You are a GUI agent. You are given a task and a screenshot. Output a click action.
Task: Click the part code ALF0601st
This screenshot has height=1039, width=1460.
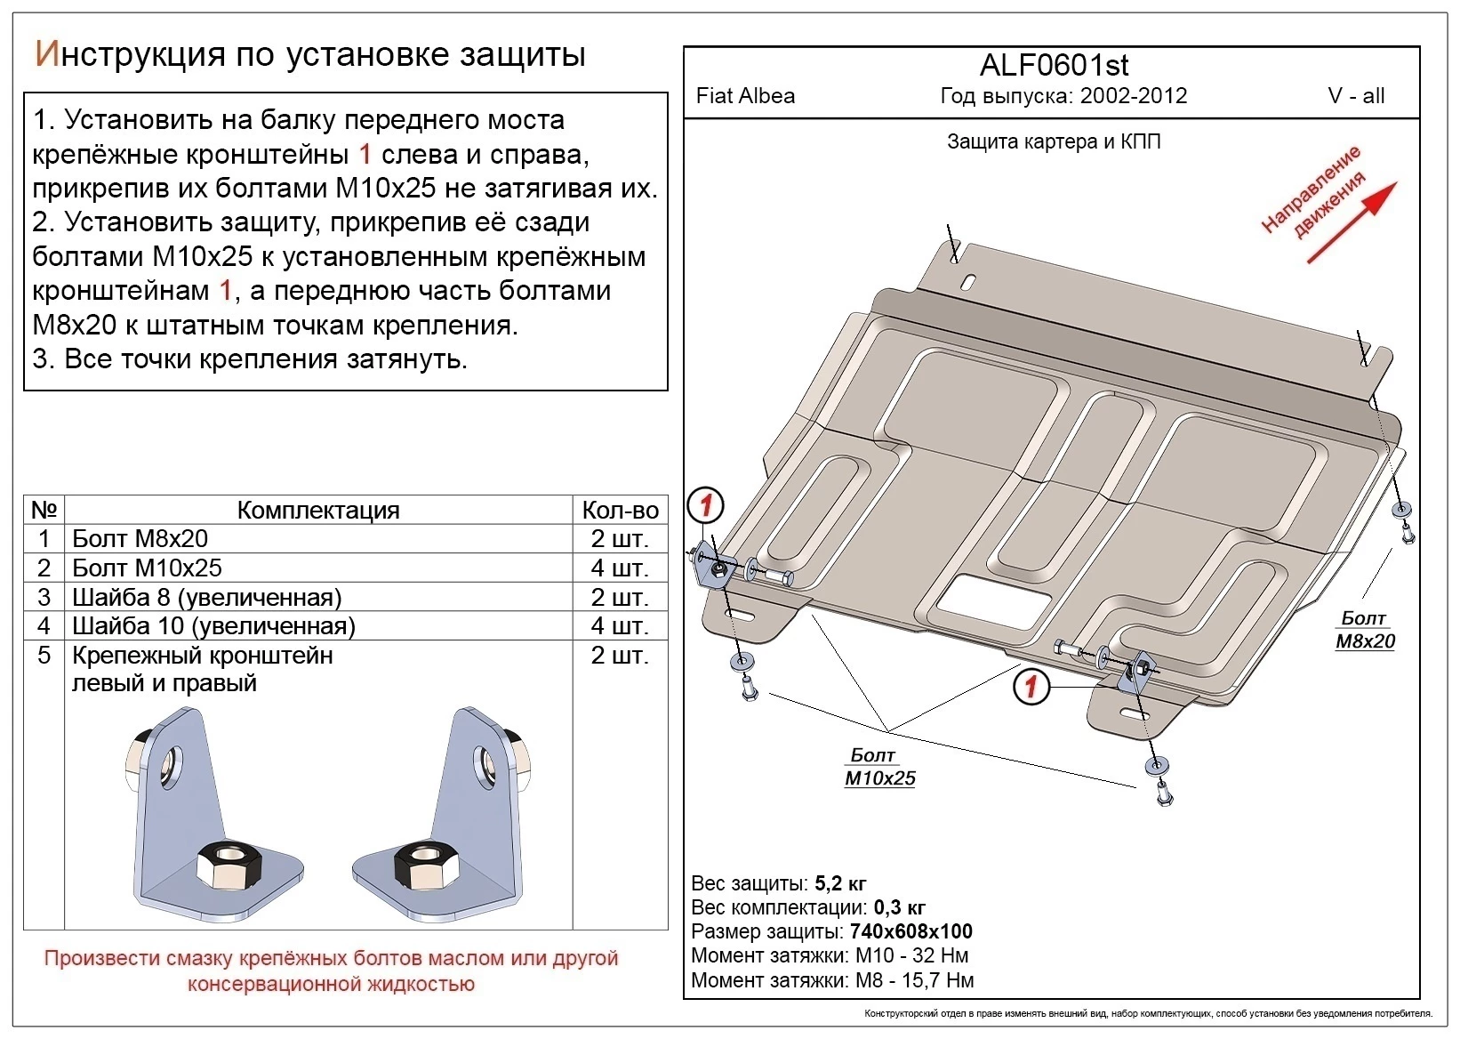[x=1054, y=66]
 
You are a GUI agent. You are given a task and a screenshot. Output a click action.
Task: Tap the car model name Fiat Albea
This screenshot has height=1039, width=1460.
[x=745, y=96]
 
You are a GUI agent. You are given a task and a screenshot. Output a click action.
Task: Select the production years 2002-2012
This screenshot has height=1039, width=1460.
[x=1134, y=96]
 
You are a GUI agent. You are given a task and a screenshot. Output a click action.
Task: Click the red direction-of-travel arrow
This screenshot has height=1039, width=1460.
[x=1352, y=222]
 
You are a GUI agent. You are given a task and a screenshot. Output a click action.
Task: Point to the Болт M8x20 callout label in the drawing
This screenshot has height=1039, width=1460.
[x=1365, y=630]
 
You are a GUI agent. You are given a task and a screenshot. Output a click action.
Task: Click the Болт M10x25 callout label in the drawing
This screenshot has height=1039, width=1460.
[x=879, y=767]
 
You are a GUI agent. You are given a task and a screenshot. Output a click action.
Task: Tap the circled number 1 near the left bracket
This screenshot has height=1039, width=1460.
[x=706, y=506]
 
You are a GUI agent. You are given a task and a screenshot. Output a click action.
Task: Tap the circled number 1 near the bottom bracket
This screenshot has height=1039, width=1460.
[x=1031, y=686]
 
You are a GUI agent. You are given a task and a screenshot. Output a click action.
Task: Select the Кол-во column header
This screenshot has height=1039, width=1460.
[x=620, y=510]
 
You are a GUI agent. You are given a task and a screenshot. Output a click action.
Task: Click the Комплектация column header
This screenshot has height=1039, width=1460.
[x=318, y=510]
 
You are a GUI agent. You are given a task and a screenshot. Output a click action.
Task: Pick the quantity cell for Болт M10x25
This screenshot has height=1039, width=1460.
[x=620, y=568]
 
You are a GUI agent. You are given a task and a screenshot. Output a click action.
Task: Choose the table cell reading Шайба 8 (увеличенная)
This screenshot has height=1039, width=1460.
[x=206, y=597]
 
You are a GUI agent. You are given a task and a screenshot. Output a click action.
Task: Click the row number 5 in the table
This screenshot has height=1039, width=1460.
[x=44, y=656]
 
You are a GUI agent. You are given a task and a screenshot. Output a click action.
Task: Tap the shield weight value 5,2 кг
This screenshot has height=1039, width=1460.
[x=840, y=883]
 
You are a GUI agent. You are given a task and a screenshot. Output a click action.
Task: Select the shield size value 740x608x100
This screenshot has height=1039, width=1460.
[x=910, y=931]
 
